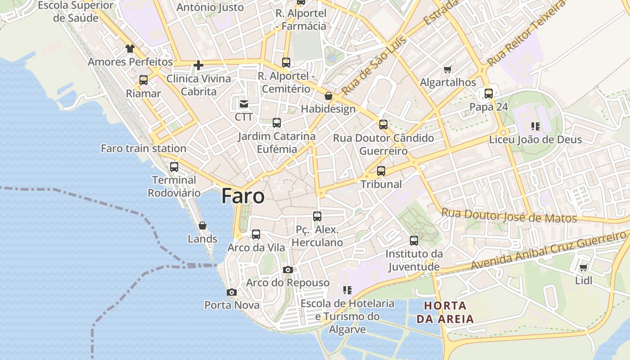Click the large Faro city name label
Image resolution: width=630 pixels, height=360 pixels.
[243, 196]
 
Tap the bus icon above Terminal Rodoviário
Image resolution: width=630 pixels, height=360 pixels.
[174, 167]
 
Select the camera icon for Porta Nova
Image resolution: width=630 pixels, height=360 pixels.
[232, 292]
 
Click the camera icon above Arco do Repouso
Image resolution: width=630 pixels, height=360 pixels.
[288, 270]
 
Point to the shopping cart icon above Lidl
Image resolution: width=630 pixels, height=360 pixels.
[584, 268]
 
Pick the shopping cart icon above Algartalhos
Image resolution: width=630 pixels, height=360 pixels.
[447, 69]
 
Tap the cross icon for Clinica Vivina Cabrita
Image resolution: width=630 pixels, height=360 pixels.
[198, 66]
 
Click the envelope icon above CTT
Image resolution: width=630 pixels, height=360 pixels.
[243, 104]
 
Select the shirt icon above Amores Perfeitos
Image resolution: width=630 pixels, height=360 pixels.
[130, 49]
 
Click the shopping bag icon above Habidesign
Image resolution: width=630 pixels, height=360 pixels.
[328, 96]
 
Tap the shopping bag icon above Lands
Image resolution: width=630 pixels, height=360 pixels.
[202, 225]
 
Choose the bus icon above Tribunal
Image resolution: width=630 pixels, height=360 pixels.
[381, 171]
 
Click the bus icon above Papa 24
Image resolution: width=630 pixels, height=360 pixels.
[489, 94]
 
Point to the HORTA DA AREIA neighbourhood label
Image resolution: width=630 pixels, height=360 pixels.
[445, 313]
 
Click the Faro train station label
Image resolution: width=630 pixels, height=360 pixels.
[144, 148]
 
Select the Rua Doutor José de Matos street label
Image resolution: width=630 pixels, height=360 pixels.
[509, 216]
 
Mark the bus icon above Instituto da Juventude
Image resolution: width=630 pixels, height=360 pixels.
[414, 241]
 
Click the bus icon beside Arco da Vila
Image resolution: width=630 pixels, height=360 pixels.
[256, 234]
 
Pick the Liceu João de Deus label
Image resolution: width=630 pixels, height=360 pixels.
[535, 139]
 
